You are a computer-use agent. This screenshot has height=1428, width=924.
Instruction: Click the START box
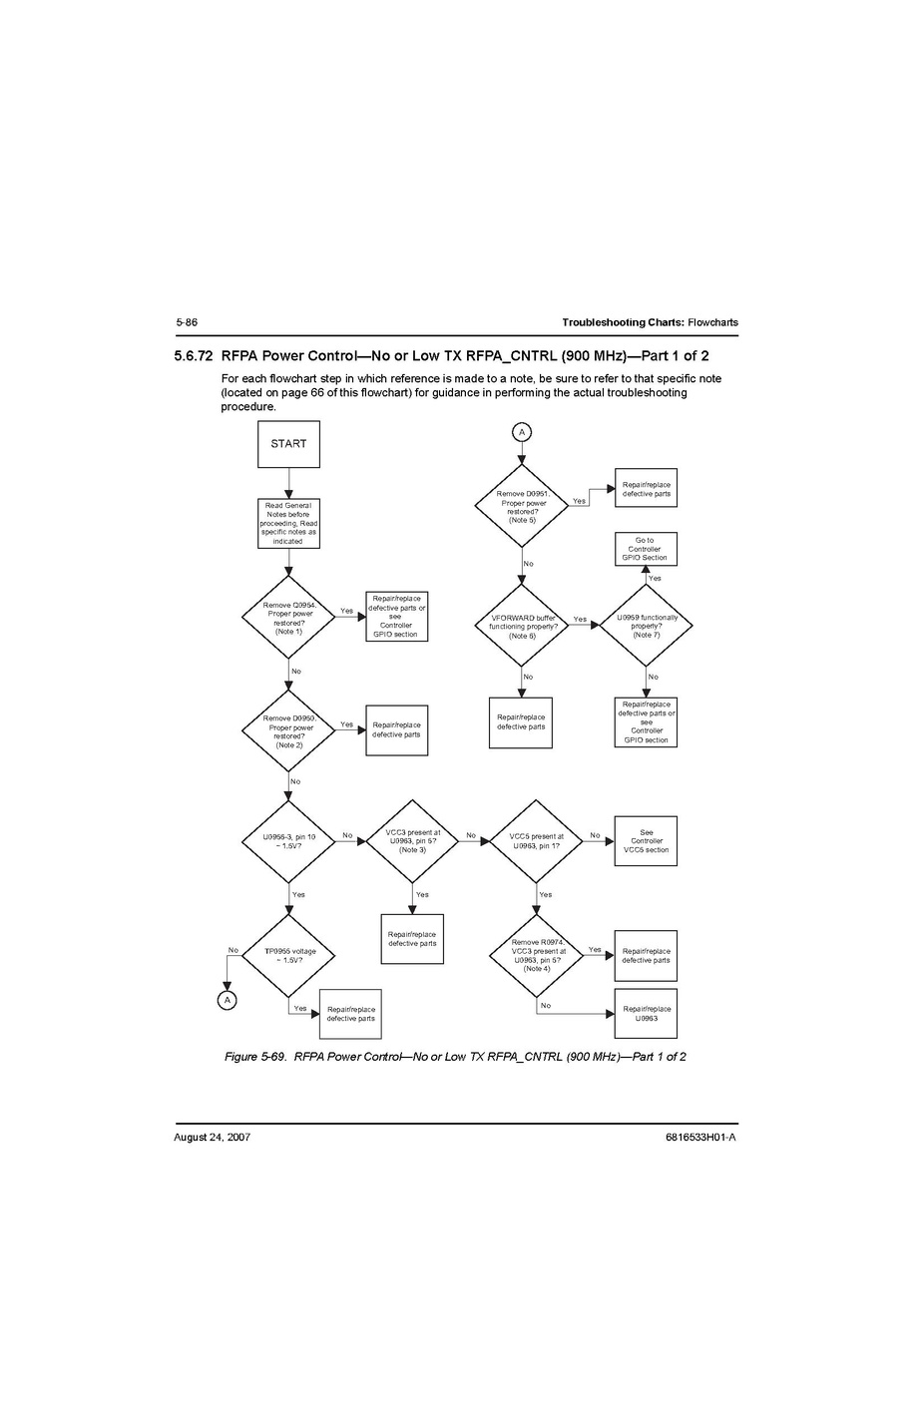[x=288, y=444]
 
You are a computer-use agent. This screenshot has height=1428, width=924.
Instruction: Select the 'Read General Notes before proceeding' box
[x=288, y=523]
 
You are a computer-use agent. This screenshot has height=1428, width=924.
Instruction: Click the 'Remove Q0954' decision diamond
[x=288, y=618]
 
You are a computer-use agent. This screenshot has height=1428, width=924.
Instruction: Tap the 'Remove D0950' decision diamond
[x=288, y=731]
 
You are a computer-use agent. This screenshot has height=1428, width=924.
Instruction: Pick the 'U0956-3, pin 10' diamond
[x=288, y=841]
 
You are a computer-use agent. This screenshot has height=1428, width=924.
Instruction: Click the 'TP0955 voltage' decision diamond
[x=289, y=956]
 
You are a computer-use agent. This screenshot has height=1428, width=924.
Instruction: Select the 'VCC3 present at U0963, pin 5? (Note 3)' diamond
[x=412, y=841]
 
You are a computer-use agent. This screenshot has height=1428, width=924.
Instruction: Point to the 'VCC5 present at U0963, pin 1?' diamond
[x=536, y=841]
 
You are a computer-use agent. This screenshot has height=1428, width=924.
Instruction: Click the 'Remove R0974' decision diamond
[x=536, y=955]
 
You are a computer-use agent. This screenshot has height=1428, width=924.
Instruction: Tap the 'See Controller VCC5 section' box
[x=646, y=841]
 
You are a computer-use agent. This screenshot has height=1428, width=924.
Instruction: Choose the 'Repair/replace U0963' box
[x=646, y=1014]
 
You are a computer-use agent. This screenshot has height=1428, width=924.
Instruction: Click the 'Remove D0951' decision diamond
[x=522, y=505]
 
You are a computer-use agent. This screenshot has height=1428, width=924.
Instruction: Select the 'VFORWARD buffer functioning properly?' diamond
[x=522, y=626]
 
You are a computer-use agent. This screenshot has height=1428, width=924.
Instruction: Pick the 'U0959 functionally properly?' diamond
[x=646, y=626]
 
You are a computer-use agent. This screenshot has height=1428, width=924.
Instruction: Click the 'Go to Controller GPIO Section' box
[x=646, y=549]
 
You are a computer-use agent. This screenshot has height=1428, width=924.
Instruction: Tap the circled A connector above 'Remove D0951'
[x=522, y=432]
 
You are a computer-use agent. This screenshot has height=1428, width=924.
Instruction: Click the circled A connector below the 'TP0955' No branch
[x=228, y=999]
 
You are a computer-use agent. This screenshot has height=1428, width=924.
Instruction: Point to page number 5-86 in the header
[x=187, y=322]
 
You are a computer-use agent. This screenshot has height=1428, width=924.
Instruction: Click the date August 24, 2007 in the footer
[x=212, y=1137]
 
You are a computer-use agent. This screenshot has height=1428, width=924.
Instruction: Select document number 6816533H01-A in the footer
[x=699, y=1137]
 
